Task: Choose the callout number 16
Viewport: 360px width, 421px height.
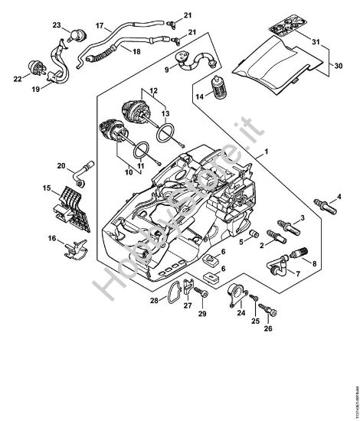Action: [53, 239]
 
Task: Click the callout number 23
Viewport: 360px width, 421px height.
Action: [56, 25]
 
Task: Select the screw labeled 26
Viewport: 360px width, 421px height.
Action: [267, 315]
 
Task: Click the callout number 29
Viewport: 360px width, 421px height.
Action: [203, 314]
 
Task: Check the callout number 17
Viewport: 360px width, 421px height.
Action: [99, 25]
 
